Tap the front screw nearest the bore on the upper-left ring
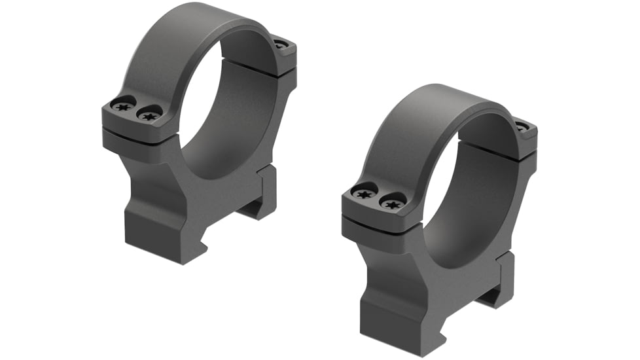[149, 116]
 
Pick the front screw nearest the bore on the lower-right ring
[391, 203]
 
